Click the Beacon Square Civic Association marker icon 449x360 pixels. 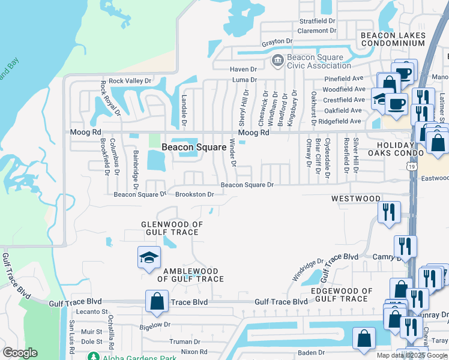[x=278, y=60]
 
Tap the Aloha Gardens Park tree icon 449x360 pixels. [x=92, y=356]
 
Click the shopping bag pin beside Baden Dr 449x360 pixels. [x=364, y=339]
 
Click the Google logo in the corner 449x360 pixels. [x=20, y=353]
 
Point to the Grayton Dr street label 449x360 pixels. [x=277, y=42]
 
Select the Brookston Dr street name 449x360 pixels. [x=194, y=194]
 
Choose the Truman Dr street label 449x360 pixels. [x=181, y=341]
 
